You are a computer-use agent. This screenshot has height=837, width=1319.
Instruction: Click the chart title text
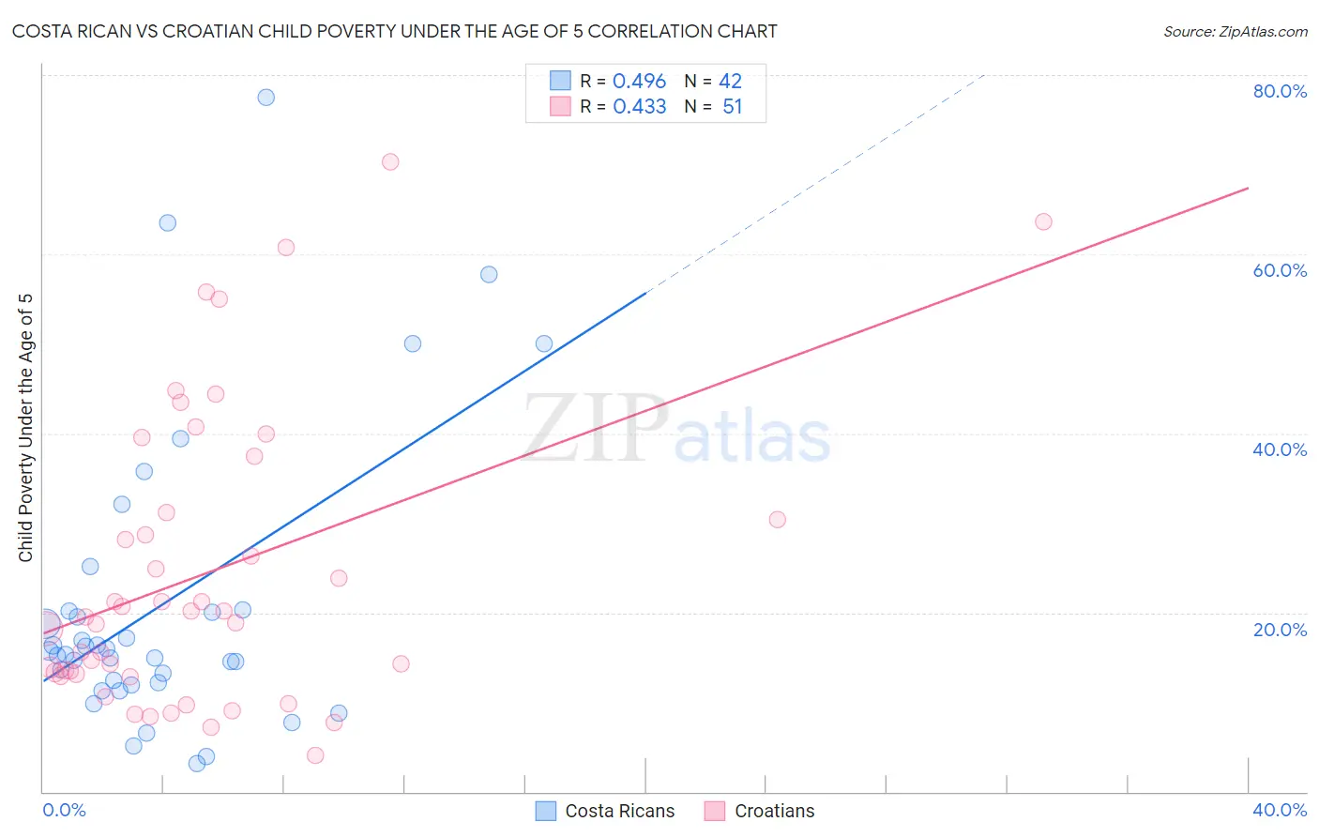click(394, 31)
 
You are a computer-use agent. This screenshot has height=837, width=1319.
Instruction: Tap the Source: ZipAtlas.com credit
click(1235, 31)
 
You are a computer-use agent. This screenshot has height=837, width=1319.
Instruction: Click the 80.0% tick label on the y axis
click(1280, 91)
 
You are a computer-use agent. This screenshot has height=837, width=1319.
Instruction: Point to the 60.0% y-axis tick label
click(1280, 270)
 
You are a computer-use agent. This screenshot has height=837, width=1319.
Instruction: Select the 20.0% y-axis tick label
click(1280, 630)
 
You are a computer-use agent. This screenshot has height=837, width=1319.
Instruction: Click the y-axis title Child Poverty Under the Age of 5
click(26, 427)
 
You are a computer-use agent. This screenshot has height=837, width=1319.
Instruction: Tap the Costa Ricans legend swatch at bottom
click(546, 811)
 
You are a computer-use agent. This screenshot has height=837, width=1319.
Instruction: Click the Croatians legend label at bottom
click(774, 811)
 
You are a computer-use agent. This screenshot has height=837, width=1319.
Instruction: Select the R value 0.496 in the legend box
click(639, 82)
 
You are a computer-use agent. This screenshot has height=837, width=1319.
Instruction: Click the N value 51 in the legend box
click(732, 107)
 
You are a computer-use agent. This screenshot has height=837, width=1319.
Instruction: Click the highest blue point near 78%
click(266, 98)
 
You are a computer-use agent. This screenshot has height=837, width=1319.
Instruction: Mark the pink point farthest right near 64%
click(1043, 222)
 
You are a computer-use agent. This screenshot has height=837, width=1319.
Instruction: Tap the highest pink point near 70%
click(390, 162)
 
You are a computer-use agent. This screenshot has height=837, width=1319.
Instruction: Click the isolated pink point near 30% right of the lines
click(777, 520)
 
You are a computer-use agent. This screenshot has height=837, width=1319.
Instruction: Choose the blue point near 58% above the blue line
click(489, 275)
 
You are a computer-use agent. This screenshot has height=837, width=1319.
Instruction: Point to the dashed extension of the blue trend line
click(816, 182)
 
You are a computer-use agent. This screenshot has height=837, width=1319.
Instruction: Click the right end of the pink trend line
click(1248, 189)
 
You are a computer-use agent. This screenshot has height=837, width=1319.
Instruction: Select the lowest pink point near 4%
click(315, 755)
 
